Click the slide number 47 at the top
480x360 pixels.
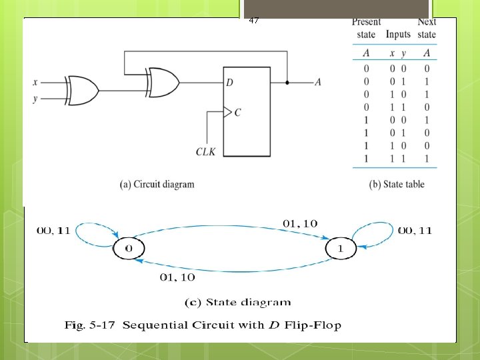253,21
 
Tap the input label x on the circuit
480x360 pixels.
35,83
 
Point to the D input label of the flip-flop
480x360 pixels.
230,83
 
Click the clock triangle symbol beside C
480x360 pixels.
227,112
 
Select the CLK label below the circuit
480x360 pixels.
206,153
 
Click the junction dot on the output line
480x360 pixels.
287,83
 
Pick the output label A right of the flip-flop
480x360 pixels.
318,82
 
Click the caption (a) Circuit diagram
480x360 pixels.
157,185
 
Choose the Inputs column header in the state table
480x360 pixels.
398,35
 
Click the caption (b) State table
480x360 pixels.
396,185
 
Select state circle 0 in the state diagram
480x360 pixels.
129,249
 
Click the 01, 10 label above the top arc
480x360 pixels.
300,223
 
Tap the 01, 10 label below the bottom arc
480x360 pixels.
177,277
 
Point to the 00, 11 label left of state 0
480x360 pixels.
54,231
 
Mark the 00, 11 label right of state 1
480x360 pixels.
415,231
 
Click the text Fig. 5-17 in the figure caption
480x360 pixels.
91,325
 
